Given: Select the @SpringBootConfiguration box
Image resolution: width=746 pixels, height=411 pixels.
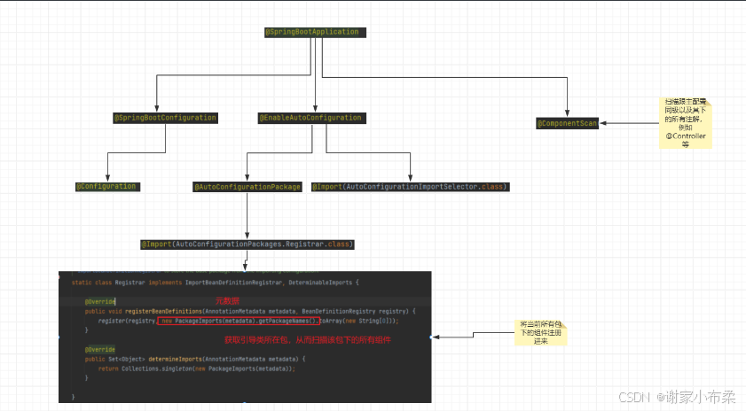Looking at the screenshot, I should pos(165,117).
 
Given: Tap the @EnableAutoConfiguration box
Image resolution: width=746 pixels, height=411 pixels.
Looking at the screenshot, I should pos(310,117).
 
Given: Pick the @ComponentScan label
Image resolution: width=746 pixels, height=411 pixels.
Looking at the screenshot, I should pos(567,123).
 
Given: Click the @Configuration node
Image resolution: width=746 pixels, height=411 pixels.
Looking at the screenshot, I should pos(106,186).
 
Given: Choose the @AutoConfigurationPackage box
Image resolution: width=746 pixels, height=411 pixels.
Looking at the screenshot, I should pos(247,187).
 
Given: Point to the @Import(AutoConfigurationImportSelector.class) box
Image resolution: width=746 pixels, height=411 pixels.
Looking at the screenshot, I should pos(410,187).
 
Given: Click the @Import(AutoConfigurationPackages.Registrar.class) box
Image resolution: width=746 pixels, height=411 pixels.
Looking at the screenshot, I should pos(247,243).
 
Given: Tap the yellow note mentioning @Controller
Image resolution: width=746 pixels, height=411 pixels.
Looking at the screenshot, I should pos(685,123).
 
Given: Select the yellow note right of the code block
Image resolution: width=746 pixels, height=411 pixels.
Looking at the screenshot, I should pos(541,333).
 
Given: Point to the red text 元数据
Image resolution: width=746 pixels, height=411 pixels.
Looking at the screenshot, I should pos(228,301).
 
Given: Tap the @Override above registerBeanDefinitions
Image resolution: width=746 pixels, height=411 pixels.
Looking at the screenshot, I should pos(100,301).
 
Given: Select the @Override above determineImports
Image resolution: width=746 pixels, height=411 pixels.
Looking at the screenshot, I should pos(100,349).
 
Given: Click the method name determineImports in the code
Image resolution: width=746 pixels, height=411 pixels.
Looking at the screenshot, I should pos(174,358).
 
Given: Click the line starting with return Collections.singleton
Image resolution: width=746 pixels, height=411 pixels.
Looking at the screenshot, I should pos(195,368).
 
